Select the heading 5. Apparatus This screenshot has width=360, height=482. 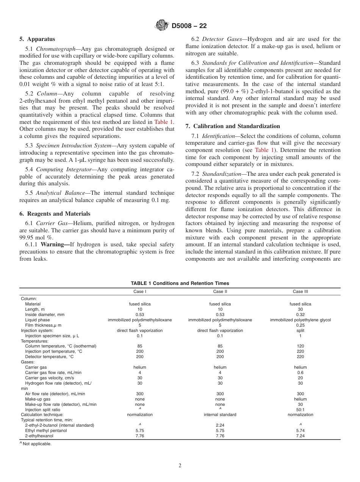(37, 39)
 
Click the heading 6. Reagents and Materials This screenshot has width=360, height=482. (55, 214)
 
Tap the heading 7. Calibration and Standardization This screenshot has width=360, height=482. (233, 126)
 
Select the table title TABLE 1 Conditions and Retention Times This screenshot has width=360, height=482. (180, 283)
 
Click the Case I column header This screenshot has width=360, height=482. (139, 291)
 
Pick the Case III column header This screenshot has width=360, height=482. (300, 291)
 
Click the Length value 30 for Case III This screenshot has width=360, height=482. (300, 309)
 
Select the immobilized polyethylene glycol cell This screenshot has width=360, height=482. (300, 320)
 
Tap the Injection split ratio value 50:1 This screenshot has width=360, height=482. (300, 410)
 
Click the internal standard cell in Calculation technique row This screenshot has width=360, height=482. (220, 415)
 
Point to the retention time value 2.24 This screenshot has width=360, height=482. (220, 426)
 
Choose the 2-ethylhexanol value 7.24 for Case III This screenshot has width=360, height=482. (300, 436)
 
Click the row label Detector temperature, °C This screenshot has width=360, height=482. (49, 357)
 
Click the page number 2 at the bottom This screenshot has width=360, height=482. (180, 466)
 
